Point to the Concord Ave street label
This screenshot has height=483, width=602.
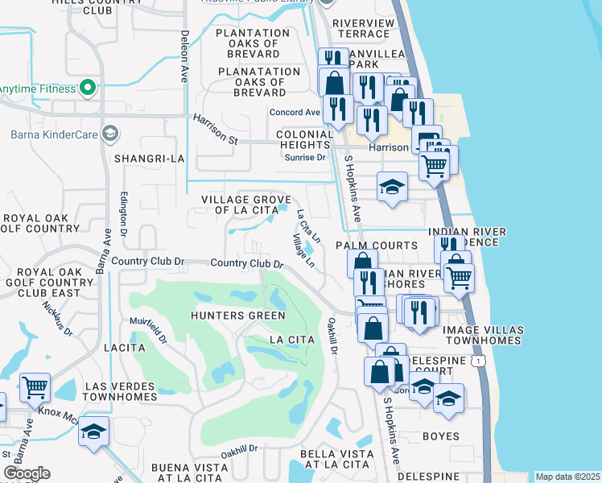[295, 112]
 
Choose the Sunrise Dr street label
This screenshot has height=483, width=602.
[305, 158]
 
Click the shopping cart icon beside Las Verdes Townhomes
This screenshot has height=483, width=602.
[35, 387]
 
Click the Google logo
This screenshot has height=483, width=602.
[27, 473]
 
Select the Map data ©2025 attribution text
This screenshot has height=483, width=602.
[567, 477]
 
